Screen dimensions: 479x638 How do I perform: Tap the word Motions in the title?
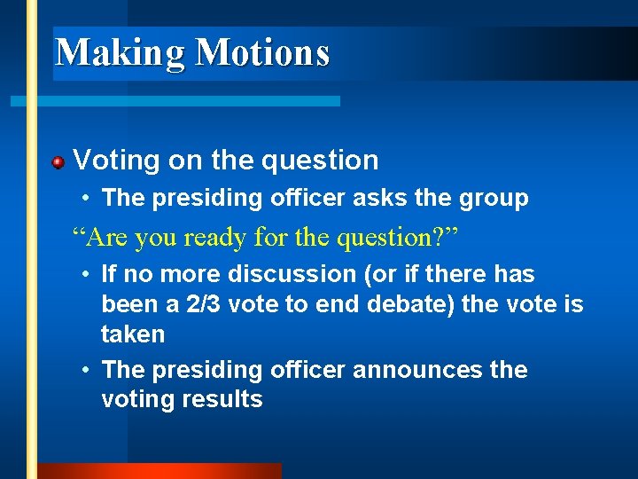coord(262,52)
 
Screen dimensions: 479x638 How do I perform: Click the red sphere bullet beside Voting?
coord(58,162)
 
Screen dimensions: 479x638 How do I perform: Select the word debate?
coord(415,304)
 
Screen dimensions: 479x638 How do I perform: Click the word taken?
coord(133,334)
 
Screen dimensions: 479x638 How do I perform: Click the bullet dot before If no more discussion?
coord(83,276)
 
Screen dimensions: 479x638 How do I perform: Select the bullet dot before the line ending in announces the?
coord(83,370)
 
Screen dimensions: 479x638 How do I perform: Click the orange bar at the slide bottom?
coord(159,471)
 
